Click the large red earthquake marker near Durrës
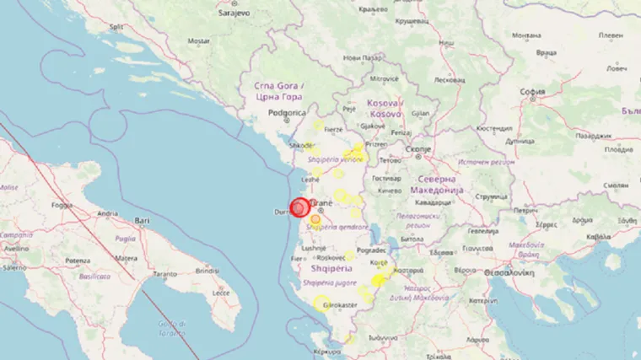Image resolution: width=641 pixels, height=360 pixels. click(x=299, y=208)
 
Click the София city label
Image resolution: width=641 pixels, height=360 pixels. click(x=532, y=92)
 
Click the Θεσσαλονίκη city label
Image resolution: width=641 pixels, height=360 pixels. click(x=513, y=271)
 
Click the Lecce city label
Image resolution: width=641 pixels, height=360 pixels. click(x=221, y=292)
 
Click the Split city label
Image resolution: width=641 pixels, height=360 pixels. click(x=116, y=27)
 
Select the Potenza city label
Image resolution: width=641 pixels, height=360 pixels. click(x=78, y=261)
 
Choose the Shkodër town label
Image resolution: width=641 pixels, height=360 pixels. click(x=301, y=145)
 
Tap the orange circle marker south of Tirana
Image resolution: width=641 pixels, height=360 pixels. click(x=315, y=219)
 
